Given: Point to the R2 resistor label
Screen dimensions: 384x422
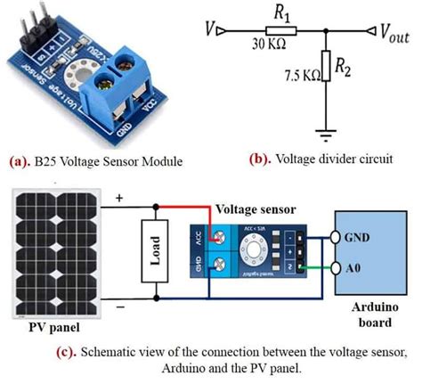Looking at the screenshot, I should coord(350,66).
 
